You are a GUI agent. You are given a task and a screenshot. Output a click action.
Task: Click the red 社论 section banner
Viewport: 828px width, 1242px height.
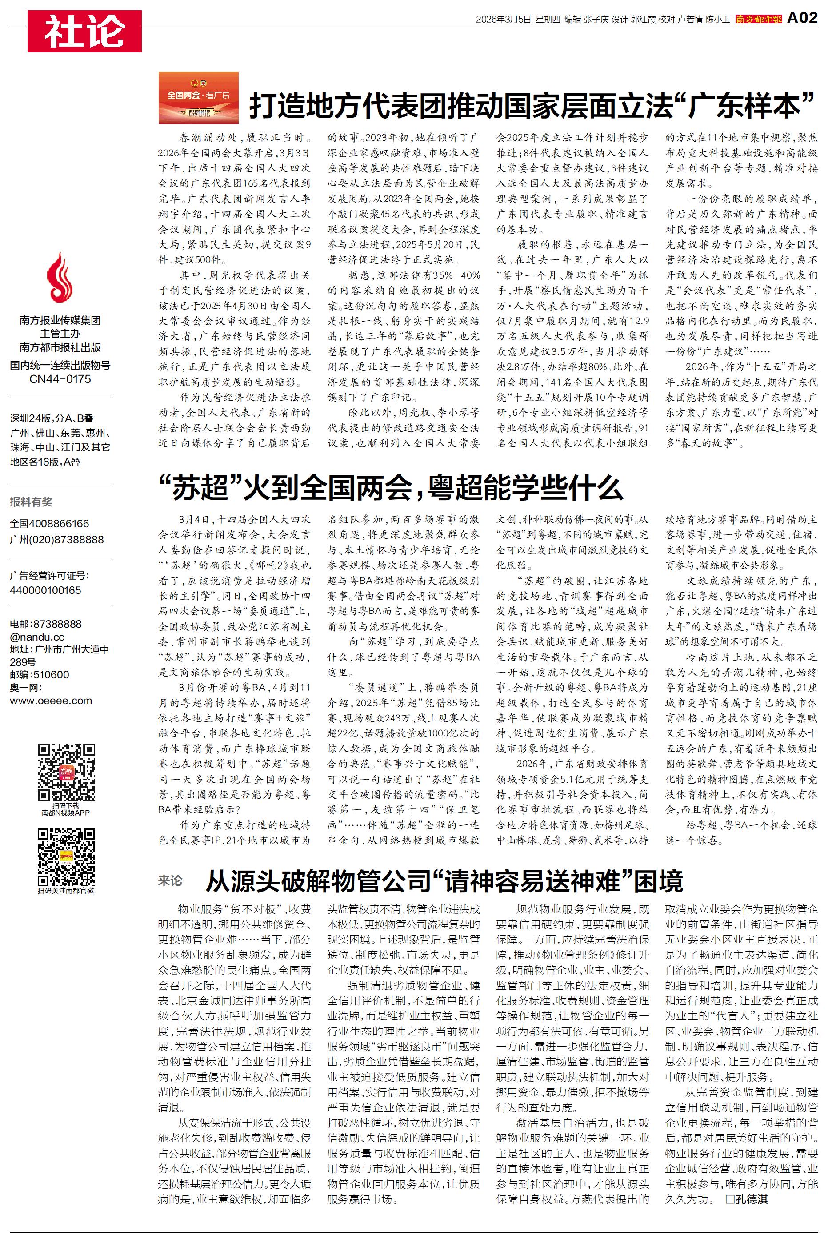pos(84,31)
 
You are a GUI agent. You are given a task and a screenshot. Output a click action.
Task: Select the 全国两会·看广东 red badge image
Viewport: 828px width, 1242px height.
pos(199,98)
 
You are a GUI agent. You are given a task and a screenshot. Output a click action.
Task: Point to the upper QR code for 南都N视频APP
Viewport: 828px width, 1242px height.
pos(66,772)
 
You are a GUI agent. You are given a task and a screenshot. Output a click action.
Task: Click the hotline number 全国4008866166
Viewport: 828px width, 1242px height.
pos(50,523)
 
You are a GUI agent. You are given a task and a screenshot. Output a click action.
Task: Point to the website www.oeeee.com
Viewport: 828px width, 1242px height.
pos(51,701)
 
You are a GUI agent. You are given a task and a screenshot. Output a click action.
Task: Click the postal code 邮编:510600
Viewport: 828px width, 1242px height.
pos(40,674)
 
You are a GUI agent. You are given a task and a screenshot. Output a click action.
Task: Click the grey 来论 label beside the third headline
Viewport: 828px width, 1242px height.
pos(170,880)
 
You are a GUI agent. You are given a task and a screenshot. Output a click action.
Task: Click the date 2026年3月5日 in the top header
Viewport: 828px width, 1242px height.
pos(503,20)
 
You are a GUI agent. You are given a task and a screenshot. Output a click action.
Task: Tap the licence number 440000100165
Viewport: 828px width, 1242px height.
pos(45,590)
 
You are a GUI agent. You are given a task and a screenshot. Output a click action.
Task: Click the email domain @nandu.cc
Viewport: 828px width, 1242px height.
pos(37,637)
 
